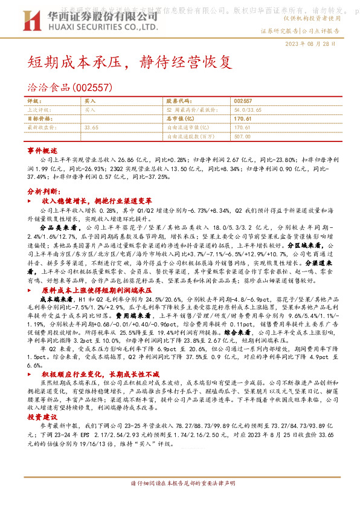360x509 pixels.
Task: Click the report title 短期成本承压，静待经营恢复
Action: click(129, 62)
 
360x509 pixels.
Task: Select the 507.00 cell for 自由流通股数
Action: click(242, 136)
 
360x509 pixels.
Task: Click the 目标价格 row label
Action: click(40, 119)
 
